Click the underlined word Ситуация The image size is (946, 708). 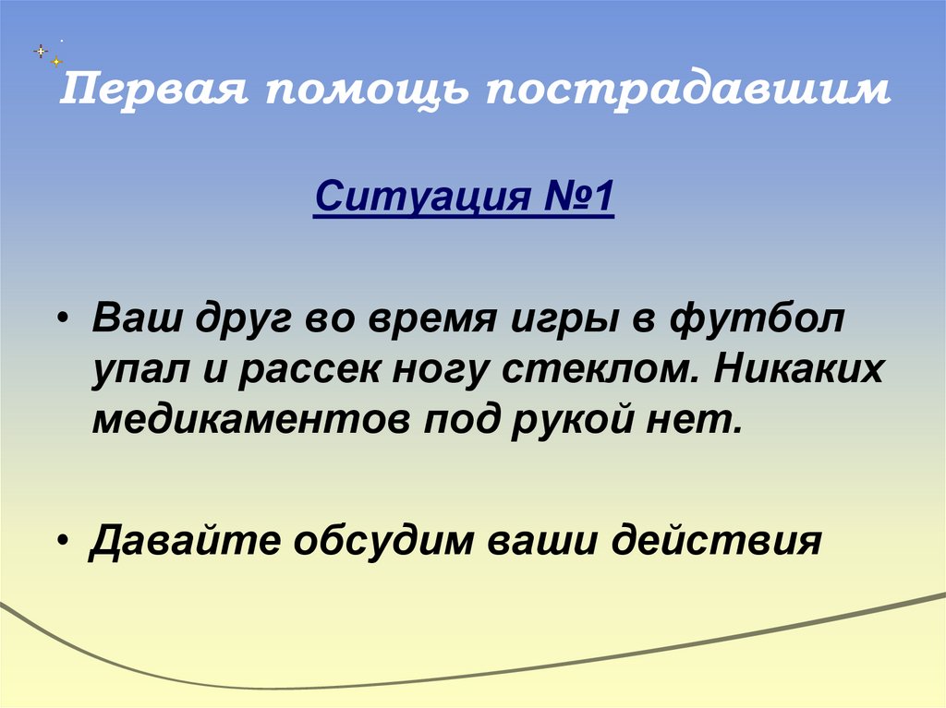421,198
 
